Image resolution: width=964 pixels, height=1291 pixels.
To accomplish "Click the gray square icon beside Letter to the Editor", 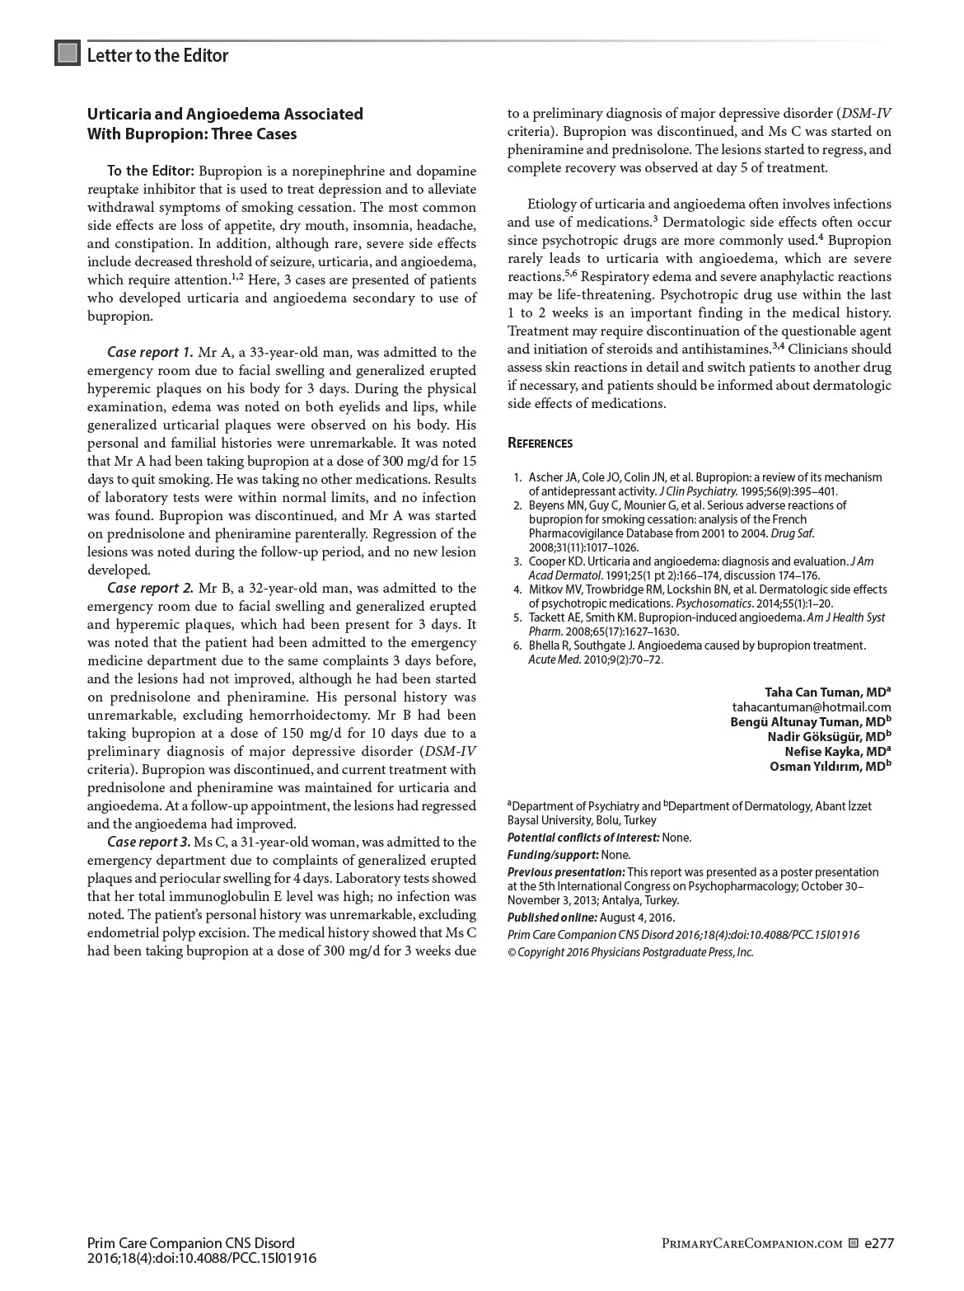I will (x=68, y=54).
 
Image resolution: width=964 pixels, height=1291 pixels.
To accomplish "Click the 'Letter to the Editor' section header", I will (x=157, y=55).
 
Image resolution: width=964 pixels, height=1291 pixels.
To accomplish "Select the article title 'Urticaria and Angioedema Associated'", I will (x=225, y=114).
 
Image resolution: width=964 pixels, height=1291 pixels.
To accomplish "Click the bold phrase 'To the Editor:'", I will (x=151, y=171).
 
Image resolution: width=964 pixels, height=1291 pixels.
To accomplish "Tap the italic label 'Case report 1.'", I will (x=150, y=353).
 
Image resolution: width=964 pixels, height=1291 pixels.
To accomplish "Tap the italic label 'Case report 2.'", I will (x=150, y=589).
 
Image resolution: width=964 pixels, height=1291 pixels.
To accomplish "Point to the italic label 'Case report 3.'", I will (x=149, y=843).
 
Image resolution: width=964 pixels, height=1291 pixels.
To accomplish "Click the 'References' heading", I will (x=540, y=444).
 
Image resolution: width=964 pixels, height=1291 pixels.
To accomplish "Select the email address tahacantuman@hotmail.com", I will (x=811, y=707).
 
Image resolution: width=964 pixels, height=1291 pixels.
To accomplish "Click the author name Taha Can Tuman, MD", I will (x=827, y=692).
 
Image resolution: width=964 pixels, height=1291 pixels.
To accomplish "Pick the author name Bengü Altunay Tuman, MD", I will (x=810, y=722).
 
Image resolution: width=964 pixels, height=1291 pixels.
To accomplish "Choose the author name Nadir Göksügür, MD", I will (x=829, y=737).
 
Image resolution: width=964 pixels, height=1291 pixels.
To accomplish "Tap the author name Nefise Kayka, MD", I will (x=837, y=752).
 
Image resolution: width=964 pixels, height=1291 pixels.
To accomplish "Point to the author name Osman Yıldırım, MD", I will (x=830, y=767).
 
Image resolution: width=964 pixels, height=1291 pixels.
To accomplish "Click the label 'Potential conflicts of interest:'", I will (x=583, y=838).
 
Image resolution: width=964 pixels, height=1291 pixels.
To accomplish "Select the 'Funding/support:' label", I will (x=553, y=855).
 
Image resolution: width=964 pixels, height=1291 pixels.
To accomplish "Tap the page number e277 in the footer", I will (x=879, y=1243).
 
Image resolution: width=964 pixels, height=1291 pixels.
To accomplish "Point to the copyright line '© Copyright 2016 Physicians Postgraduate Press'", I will (x=630, y=952).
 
